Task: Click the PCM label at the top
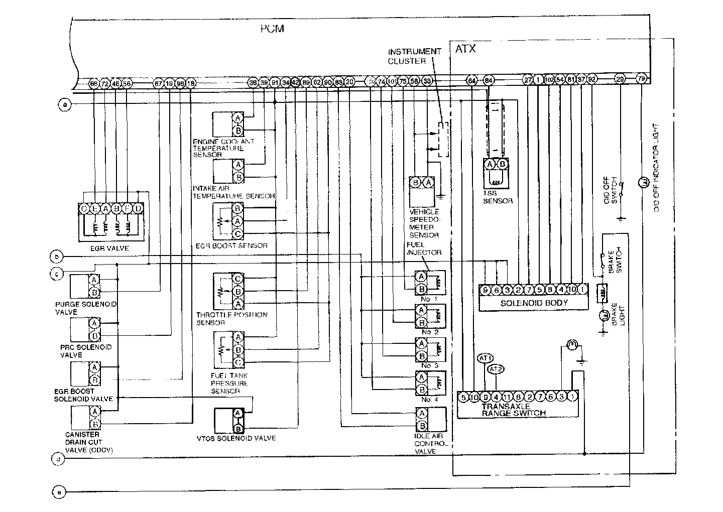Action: (272, 29)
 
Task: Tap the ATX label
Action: (465, 49)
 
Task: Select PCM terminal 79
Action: (641, 78)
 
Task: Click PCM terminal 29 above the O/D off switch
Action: (621, 79)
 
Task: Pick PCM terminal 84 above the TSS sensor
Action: (489, 80)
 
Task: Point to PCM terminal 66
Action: (93, 83)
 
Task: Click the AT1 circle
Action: (485, 358)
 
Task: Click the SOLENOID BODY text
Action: (534, 303)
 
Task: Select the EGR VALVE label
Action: (110, 248)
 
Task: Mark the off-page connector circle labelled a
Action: (64, 104)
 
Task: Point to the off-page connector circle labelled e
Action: (59, 492)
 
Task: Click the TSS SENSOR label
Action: (498, 197)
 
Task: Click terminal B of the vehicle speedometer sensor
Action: (416, 183)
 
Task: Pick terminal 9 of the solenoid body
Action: (485, 289)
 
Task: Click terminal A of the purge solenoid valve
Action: (94, 280)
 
